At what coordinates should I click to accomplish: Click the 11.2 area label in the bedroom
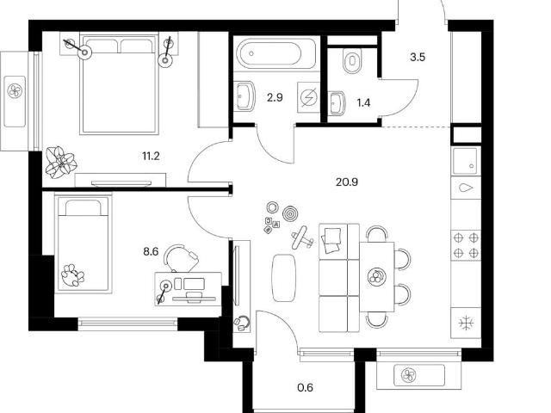151,156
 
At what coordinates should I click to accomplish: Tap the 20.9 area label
347,182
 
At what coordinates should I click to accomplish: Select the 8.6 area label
151,251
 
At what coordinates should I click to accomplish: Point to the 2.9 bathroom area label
275,97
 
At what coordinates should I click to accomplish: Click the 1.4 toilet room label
363,103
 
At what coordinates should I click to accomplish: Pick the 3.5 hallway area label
418,57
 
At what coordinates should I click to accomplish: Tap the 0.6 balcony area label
305,388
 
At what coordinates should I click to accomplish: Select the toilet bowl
352,60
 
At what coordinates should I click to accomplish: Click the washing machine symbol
308,97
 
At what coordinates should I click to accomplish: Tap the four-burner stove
466,245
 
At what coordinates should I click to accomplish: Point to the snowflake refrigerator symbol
467,323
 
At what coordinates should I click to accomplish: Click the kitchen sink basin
466,161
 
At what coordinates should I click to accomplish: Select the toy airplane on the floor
302,237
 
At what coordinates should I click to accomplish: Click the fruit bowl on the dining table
376,276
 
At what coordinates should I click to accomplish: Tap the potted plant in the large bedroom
61,163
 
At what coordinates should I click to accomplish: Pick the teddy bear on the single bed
72,275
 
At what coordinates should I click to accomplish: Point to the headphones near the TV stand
242,323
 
